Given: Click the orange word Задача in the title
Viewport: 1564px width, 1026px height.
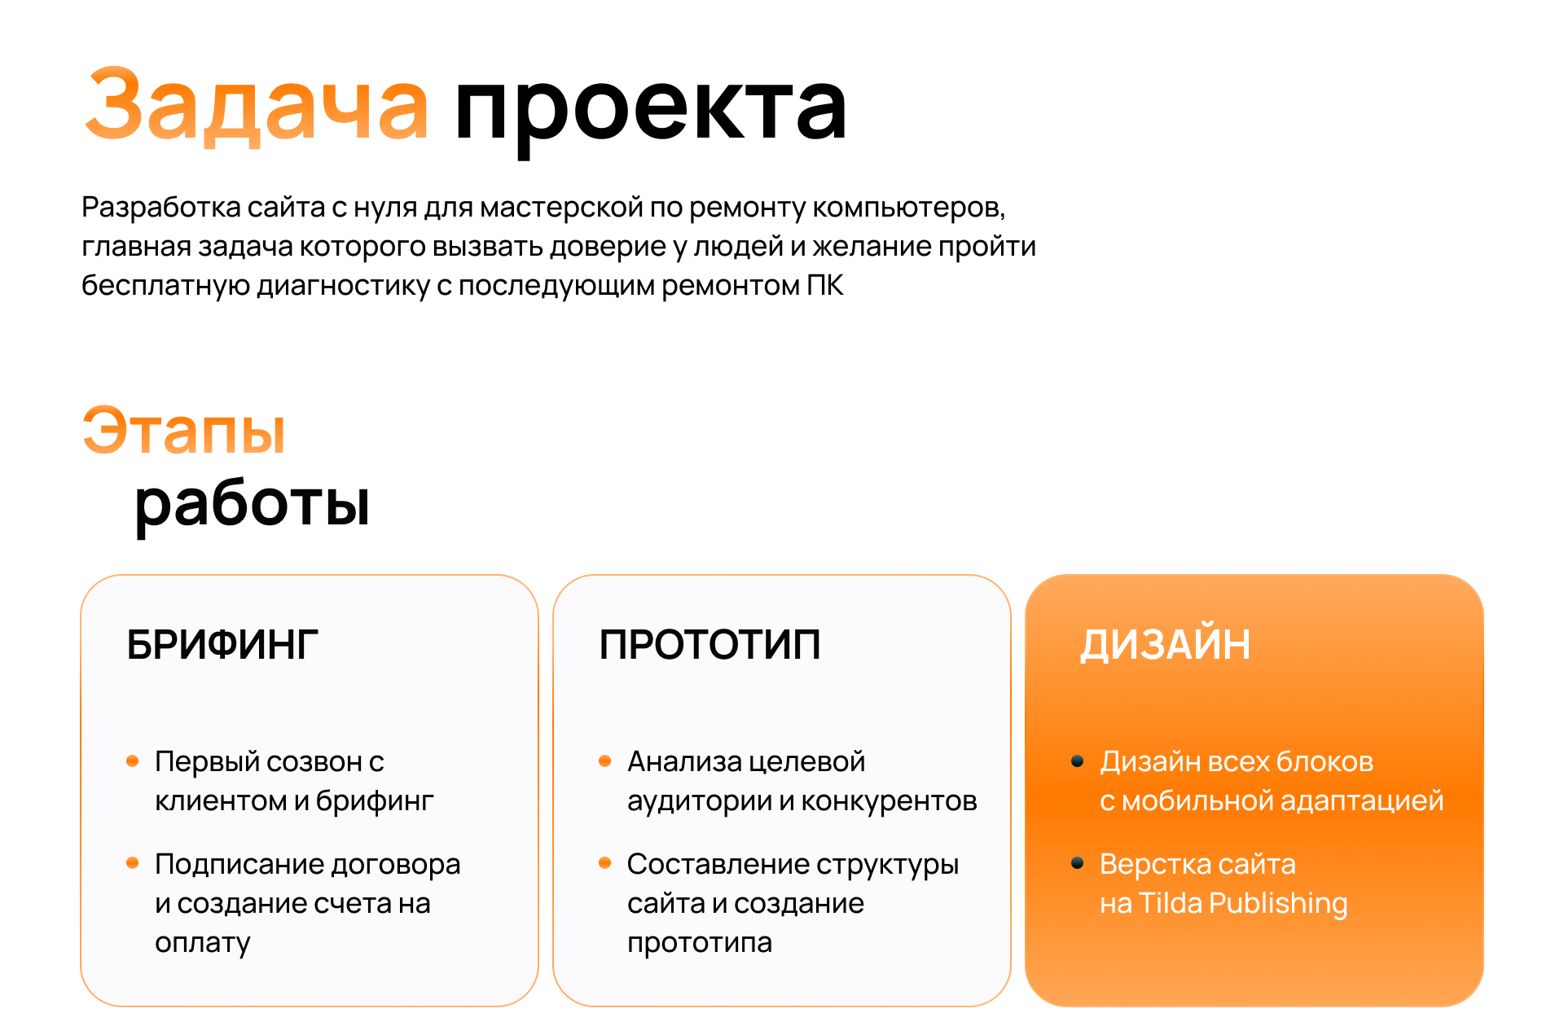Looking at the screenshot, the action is coord(257,106).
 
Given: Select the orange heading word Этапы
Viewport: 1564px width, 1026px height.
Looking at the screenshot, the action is coord(184,429).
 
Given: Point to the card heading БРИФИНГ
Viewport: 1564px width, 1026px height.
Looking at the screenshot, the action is coord(222,645).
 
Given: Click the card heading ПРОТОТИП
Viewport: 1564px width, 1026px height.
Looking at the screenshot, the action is coord(710,645).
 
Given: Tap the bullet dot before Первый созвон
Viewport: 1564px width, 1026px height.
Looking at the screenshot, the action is coord(133,761).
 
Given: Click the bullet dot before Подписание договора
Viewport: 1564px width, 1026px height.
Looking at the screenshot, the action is coord(133,863).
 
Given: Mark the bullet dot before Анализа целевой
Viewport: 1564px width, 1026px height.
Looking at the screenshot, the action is coord(604,761).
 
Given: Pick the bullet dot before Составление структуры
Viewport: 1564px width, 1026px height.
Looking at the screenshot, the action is coord(604,863).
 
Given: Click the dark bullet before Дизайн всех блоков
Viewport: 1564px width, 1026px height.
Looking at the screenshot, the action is coord(1077,761).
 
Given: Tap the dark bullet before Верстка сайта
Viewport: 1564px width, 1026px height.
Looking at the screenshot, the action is coord(1077,863).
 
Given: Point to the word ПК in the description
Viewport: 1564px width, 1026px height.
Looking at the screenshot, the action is coord(825,286).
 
